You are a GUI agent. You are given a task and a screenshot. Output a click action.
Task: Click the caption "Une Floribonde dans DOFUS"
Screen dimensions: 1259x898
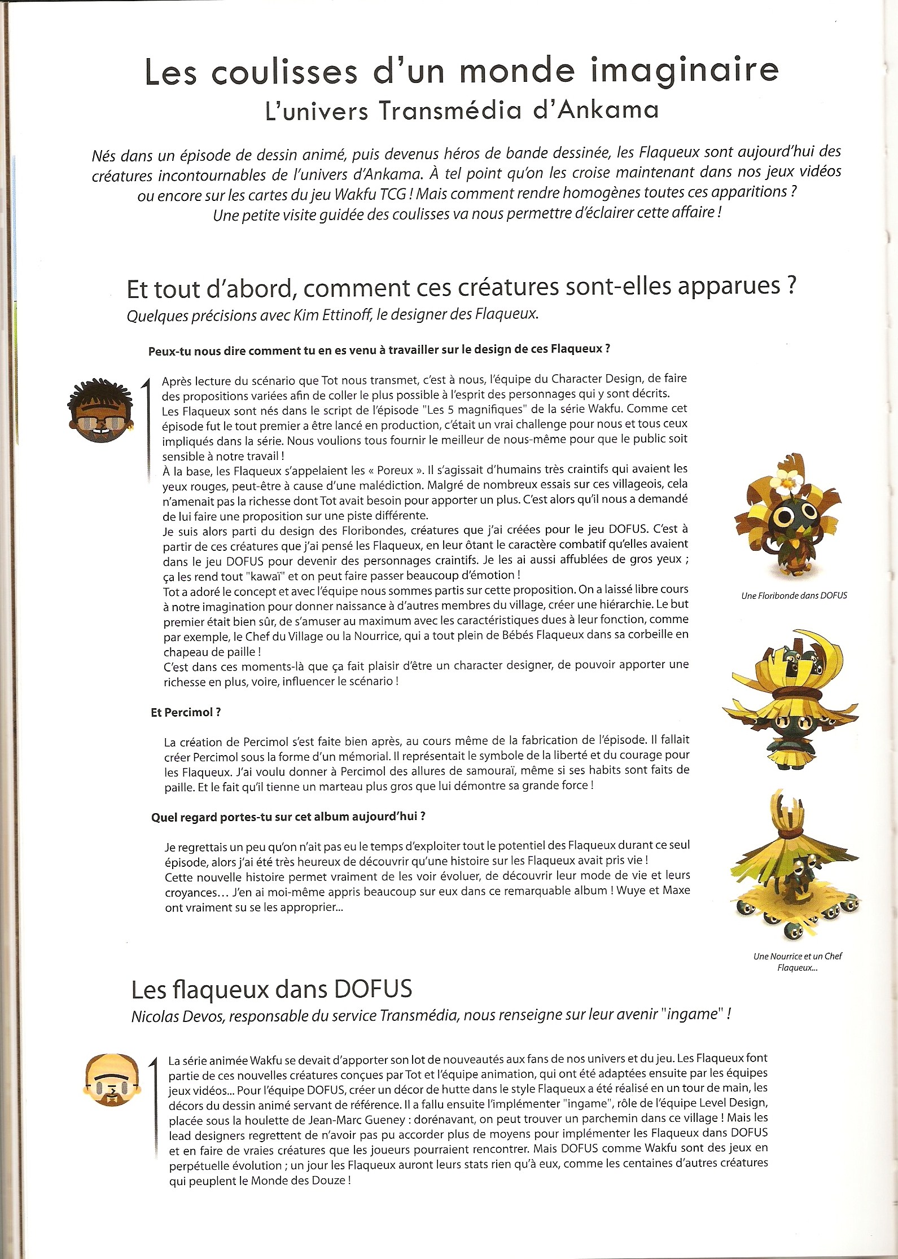tap(794, 595)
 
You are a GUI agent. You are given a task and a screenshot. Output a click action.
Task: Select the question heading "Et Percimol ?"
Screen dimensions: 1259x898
tap(186, 713)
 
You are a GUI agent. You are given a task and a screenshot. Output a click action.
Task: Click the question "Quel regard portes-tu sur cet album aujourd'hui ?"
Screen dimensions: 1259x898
tap(288, 817)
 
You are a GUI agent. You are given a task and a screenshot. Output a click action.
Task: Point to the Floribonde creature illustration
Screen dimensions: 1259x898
tap(787, 516)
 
